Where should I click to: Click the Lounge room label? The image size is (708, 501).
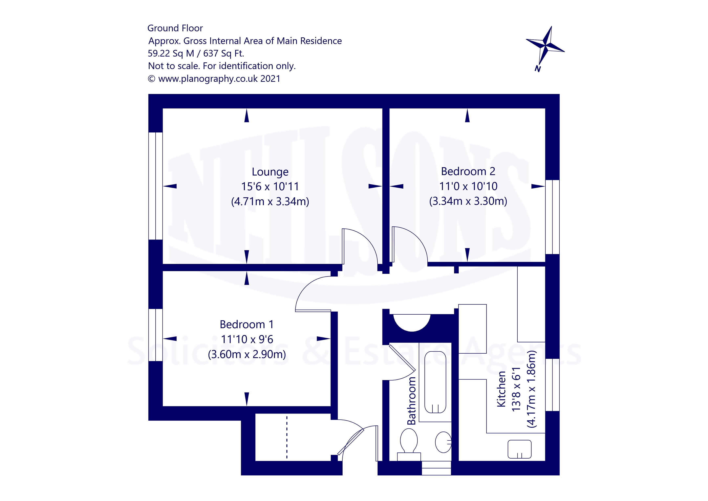coord(270,172)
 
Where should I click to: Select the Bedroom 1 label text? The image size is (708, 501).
coord(247,325)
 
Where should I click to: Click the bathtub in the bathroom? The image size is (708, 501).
coord(435,382)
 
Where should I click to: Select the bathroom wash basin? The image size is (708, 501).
coord(443,442)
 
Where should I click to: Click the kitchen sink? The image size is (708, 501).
coord(520,449)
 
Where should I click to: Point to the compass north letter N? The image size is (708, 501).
coord(537,69)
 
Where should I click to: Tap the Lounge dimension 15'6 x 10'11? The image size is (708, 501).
coord(270,187)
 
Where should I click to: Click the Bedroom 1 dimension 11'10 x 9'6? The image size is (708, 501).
coord(247,339)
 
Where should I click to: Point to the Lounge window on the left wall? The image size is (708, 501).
coord(155,186)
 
